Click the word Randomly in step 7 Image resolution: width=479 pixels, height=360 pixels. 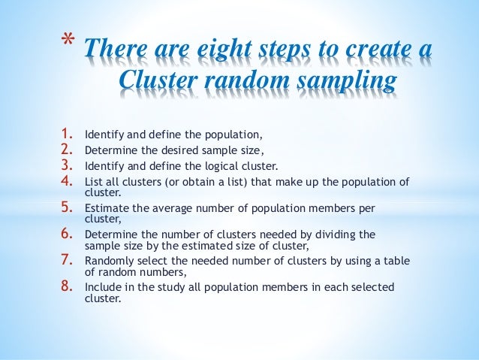click(107, 262)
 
